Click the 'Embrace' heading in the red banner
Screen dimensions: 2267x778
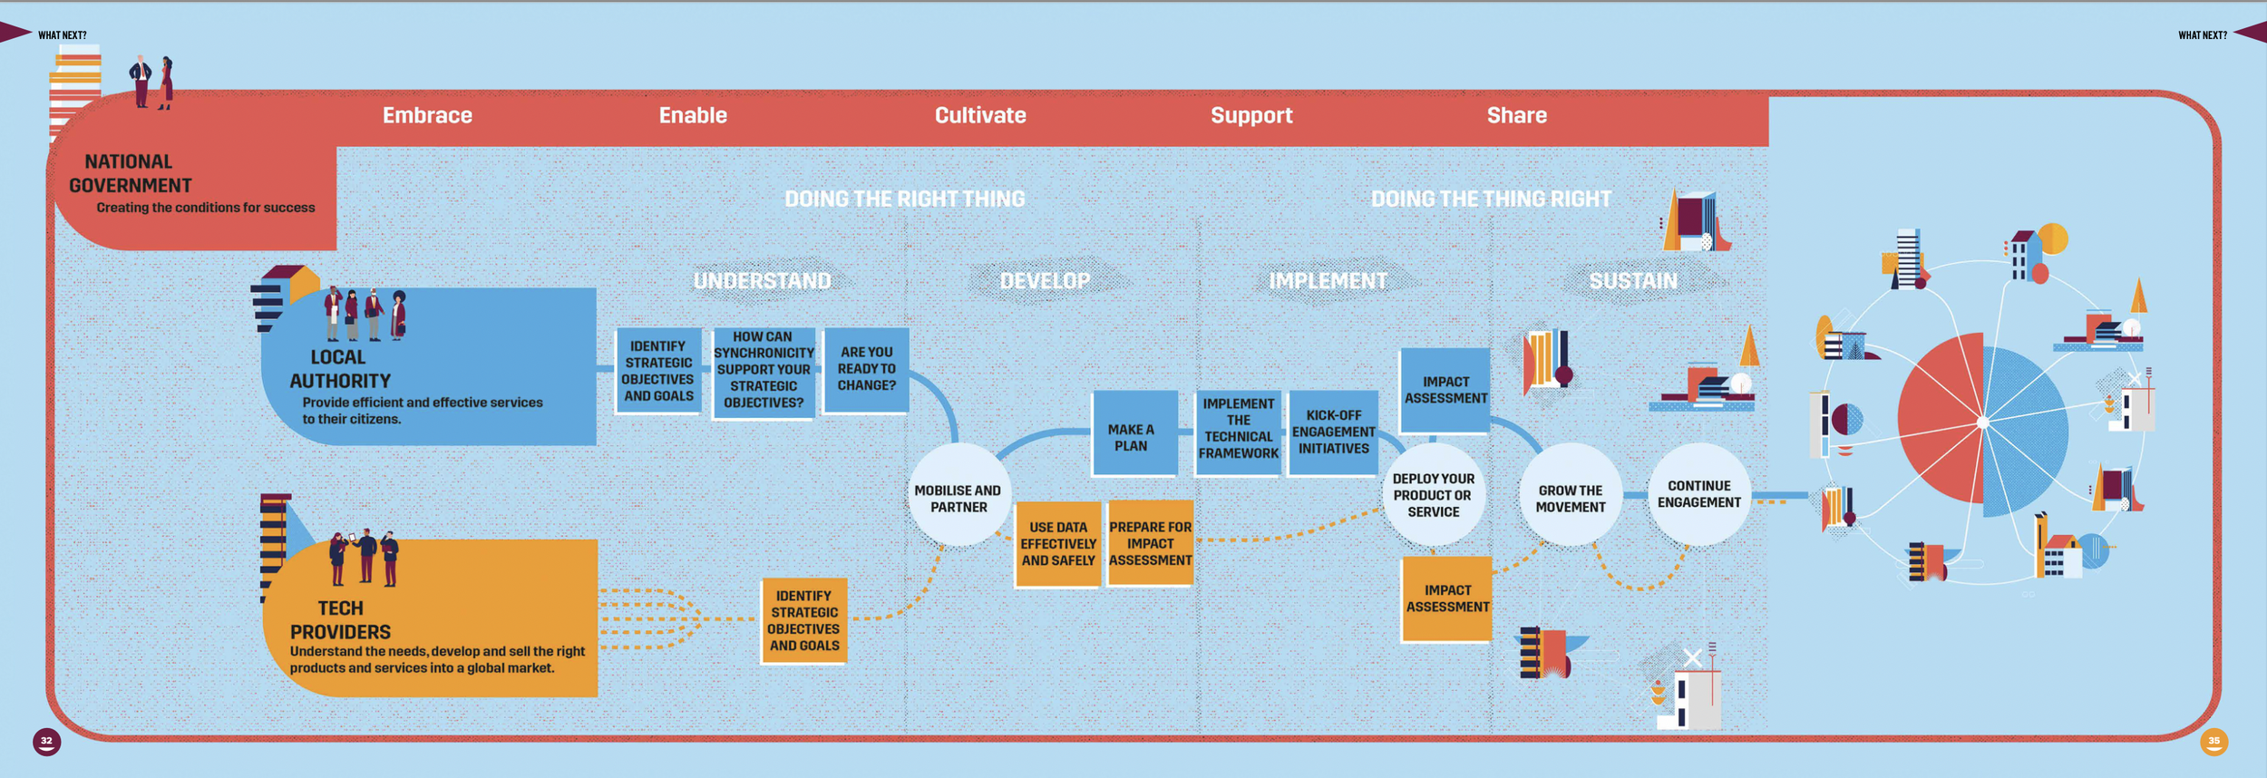427,115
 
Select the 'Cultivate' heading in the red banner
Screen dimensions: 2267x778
980,115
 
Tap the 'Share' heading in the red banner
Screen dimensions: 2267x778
1516,115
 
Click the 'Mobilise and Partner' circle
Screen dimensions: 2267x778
958,495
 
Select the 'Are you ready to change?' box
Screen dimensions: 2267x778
866,370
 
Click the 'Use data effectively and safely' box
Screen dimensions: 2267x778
1057,544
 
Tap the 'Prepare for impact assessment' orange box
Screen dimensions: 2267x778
1150,542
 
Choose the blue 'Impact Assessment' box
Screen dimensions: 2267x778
1445,390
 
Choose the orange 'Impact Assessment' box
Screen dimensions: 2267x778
1447,599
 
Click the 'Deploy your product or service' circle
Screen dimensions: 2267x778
1434,495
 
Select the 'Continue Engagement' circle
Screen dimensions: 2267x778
1698,494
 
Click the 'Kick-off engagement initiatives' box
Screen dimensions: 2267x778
1333,433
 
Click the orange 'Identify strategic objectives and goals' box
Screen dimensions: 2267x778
803,621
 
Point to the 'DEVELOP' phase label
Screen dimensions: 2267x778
1045,281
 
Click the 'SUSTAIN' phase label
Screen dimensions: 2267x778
1633,281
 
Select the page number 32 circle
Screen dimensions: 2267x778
47,742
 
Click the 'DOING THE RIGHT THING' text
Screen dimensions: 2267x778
904,199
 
